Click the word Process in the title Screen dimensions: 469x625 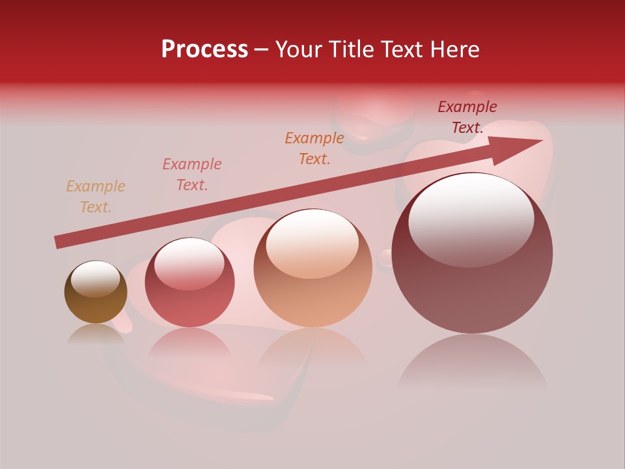[x=204, y=50]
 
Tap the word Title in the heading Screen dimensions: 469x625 [x=352, y=50]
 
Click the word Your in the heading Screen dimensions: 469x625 [x=299, y=50]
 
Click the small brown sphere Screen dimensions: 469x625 [x=96, y=292]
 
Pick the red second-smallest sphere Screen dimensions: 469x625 [x=189, y=283]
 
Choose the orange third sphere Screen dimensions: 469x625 [x=312, y=268]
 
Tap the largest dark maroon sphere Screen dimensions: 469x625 [x=472, y=254]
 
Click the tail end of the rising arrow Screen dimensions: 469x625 [x=57, y=242]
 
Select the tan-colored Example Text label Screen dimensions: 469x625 [x=96, y=197]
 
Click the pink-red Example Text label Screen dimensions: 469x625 [x=192, y=175]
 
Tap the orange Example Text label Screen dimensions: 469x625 [x=314, y=148]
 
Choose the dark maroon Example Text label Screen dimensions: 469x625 [x=467, y=117]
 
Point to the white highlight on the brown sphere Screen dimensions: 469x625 [x=95, y=279]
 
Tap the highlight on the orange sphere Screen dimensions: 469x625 [x=312, y=242]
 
